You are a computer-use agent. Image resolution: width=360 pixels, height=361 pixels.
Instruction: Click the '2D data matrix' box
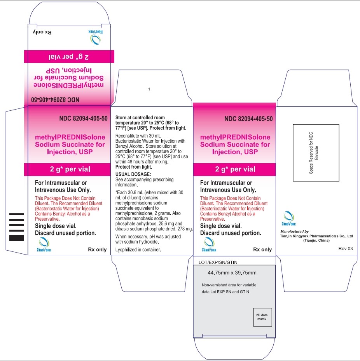coord(262,317)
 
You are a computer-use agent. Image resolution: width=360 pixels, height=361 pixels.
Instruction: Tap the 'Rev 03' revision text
coord(346,248)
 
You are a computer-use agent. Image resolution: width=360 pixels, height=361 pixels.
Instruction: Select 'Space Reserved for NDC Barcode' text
coord(314,153)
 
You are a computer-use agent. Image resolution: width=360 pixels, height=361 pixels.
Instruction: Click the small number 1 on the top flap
coord(149,89)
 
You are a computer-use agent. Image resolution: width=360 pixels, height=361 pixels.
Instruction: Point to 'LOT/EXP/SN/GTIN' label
coord(218,262)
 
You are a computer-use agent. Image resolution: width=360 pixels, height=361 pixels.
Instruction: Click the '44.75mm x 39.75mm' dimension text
coord(232,272)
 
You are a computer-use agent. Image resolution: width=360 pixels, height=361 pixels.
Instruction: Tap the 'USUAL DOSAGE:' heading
coord(133,174)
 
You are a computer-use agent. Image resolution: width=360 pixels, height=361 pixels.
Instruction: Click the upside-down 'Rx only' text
coord(42,32)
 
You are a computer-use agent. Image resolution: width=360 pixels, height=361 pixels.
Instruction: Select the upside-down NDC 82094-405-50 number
coord(55,100)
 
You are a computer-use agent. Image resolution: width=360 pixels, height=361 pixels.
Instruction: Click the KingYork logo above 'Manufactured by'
coord(289,218)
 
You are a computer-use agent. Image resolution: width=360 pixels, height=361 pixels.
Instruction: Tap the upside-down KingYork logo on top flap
coord(96,37)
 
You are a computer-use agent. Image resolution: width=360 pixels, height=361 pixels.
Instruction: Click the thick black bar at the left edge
coord(17,238)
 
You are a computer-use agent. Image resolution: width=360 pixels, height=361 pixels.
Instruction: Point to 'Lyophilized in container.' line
coord(138,249)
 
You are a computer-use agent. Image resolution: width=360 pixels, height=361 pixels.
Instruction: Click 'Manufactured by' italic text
coord(294,231)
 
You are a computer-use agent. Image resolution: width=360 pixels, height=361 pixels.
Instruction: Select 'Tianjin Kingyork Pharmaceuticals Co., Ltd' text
coord(316,236)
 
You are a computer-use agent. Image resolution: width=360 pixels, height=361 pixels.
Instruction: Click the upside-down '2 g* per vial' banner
coord(69,57)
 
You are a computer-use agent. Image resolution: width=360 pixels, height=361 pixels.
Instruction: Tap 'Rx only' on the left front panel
coord(97,249)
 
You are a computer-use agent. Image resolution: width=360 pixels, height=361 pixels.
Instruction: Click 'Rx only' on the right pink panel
coord(262,249)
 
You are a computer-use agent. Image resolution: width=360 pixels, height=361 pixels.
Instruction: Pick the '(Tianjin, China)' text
coord(316,241)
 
